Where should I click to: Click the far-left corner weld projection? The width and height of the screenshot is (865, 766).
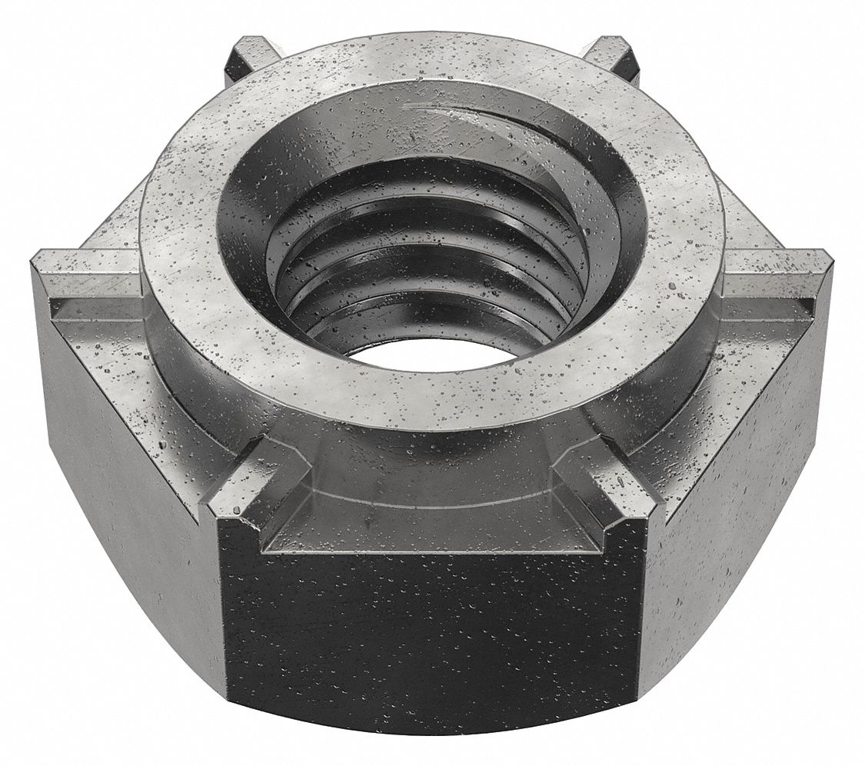(x=85, y=285)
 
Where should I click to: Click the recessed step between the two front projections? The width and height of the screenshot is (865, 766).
(x=431, y=531)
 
